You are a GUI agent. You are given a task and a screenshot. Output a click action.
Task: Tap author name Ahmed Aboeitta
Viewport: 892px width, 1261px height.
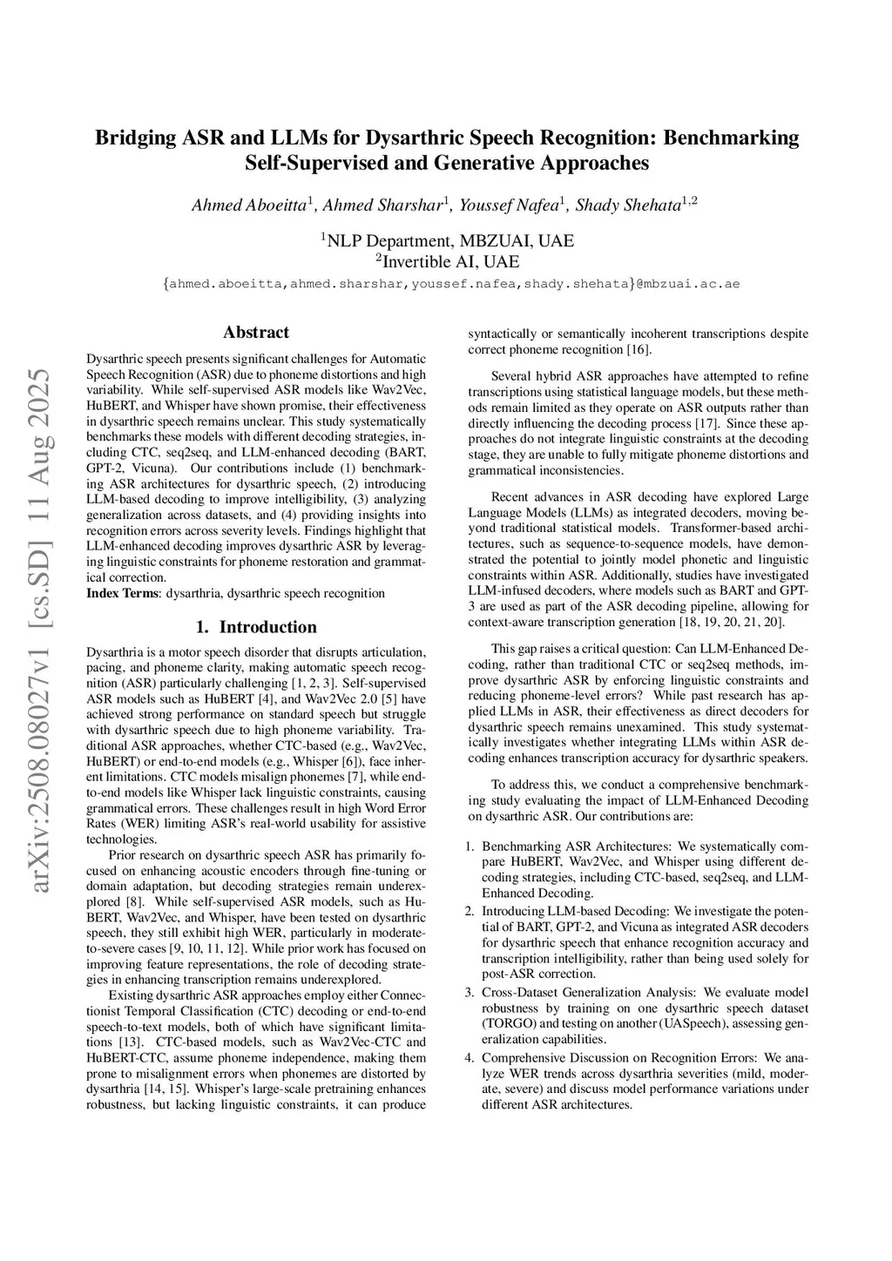click(x=249, y=206)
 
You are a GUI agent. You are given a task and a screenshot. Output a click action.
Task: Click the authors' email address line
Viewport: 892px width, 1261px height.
click(x=451, y=284)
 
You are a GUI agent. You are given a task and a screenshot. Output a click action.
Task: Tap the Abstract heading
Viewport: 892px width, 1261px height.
click(x=256, y=332)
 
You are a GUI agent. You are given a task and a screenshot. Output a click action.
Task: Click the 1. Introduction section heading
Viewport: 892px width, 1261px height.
click(x=256, y=627)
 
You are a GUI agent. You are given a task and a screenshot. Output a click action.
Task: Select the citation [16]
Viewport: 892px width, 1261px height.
click(x=639, y=349)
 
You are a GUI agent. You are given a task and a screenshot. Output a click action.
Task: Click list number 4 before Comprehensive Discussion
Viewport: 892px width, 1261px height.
click(x=469, y=1058)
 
